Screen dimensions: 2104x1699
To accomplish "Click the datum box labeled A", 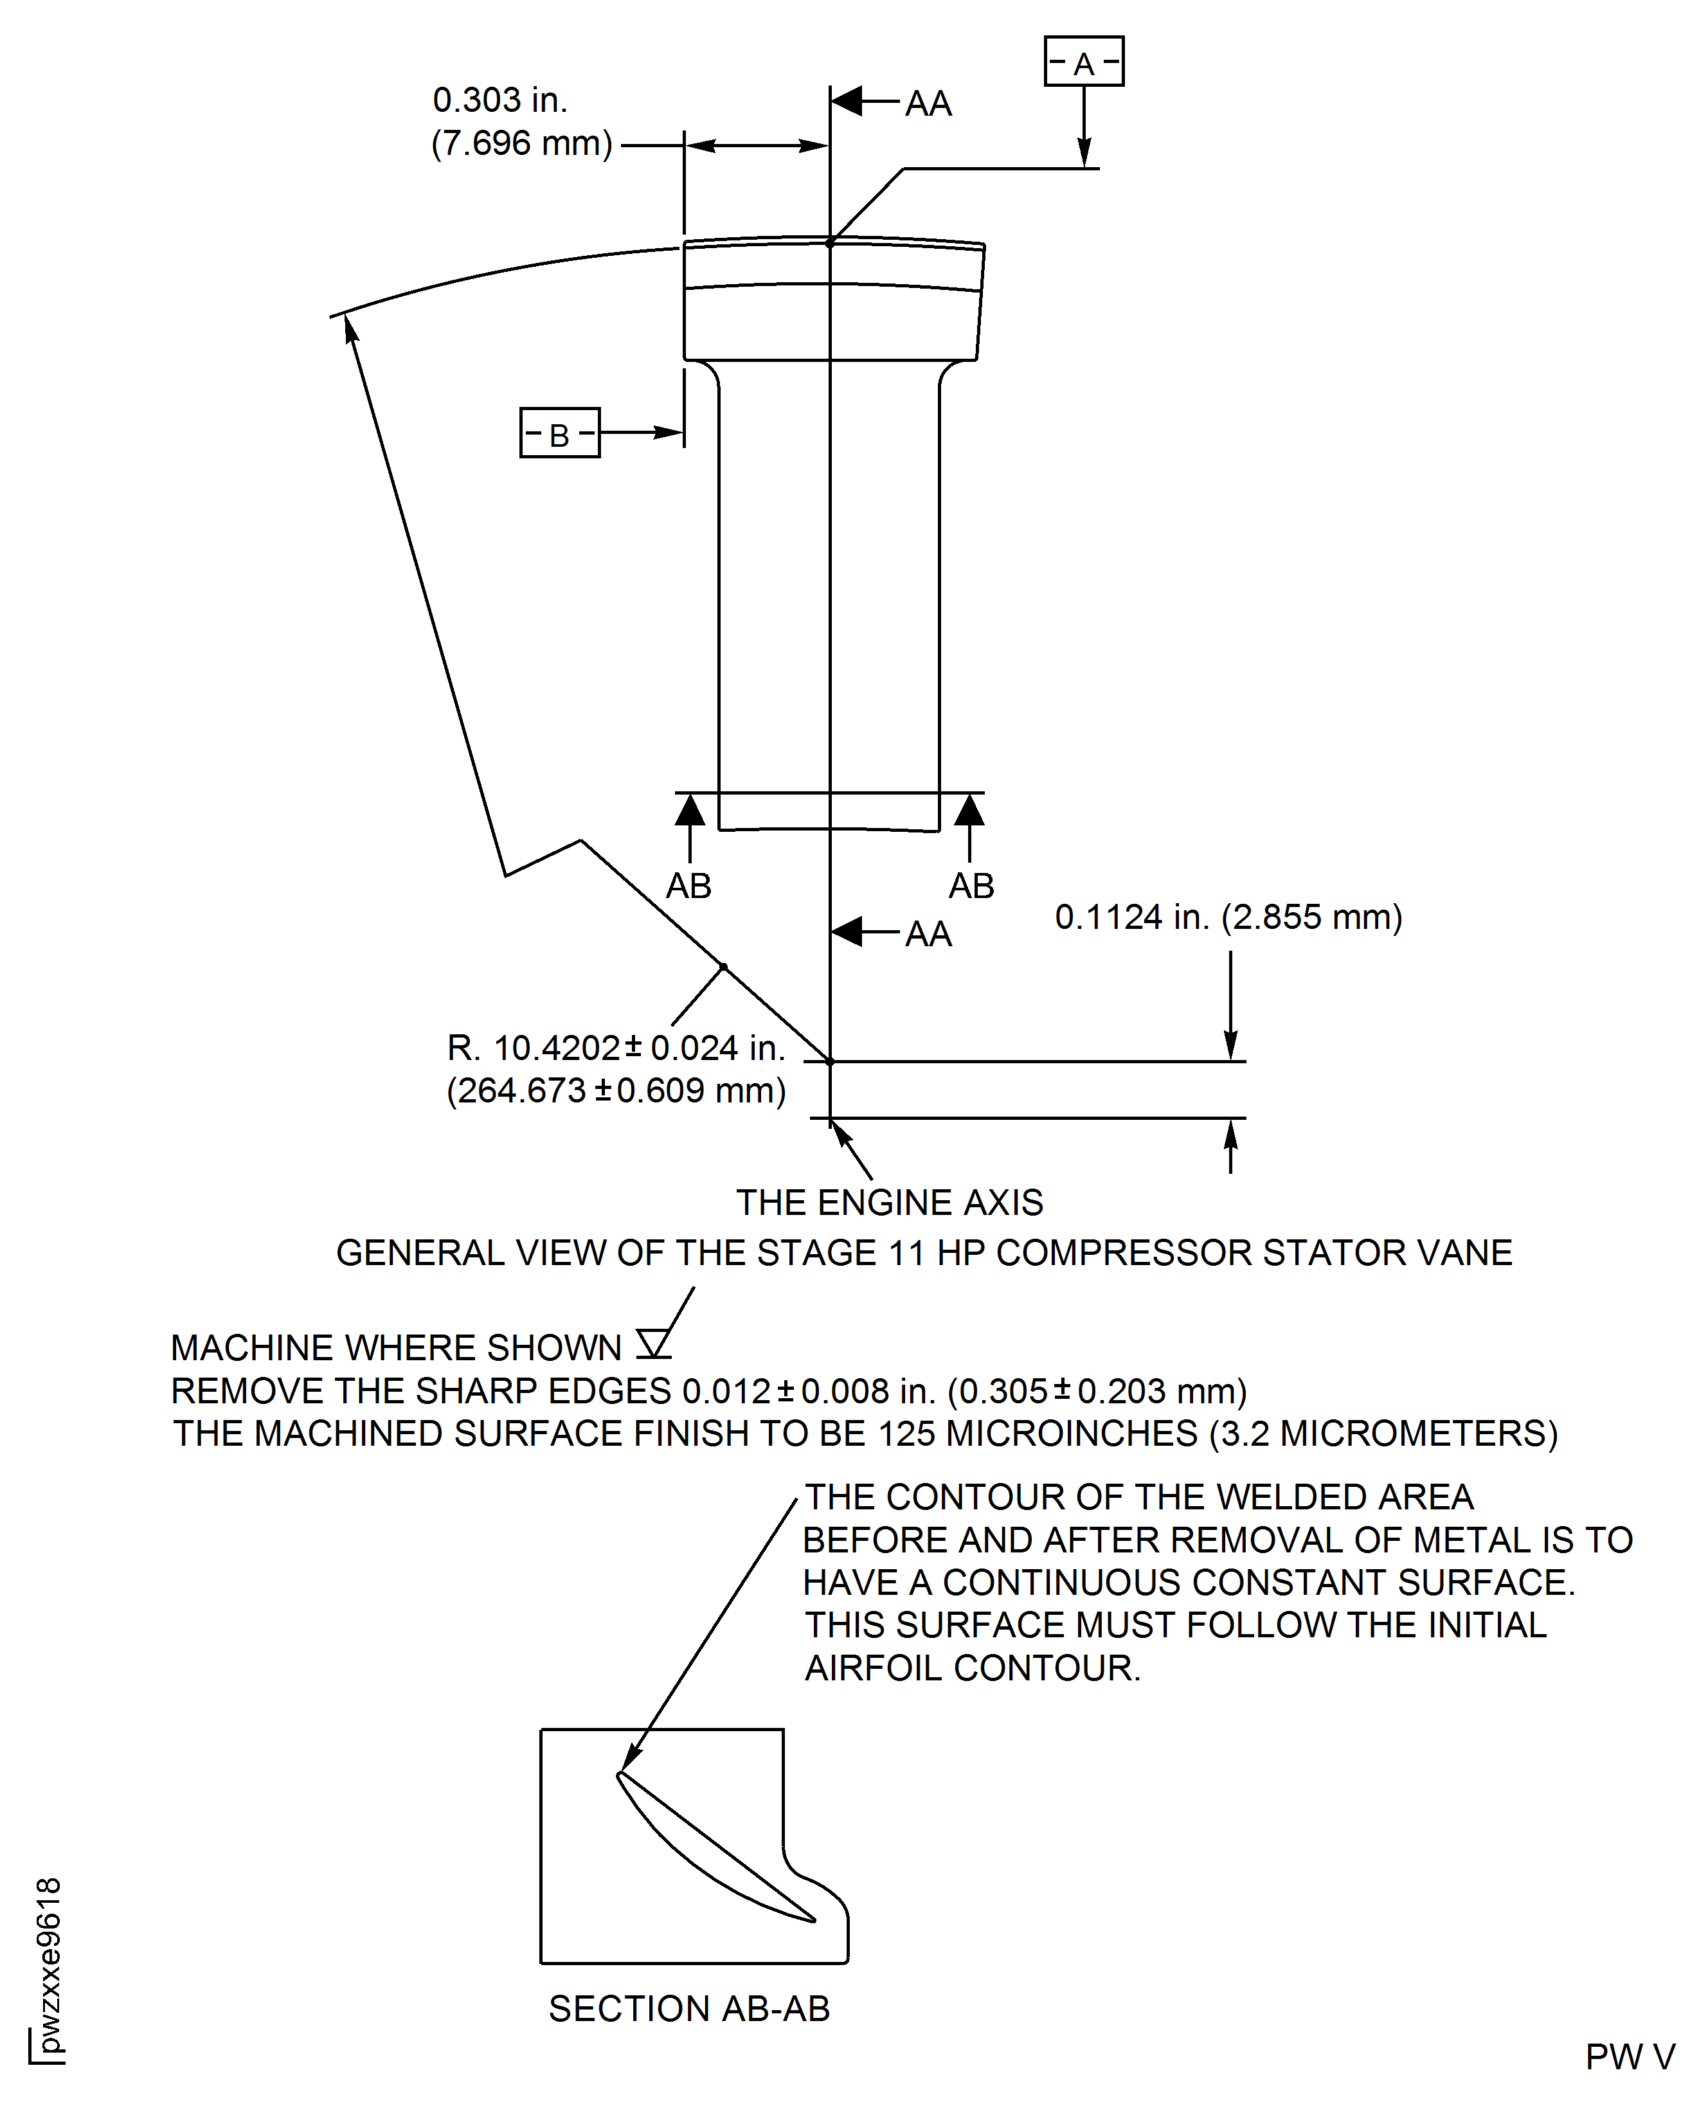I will pos(1083,62).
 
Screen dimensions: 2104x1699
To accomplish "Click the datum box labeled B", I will pos(559,433).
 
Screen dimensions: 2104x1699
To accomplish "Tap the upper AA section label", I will pos(927,103).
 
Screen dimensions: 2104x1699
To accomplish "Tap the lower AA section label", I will pos(927,935).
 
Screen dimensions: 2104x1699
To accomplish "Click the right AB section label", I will pos(971,886).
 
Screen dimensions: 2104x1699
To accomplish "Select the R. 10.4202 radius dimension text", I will pos(616,1048).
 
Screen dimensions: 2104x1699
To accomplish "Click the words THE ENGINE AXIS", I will pos(888,1203).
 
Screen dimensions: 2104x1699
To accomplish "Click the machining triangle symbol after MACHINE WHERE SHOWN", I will pos(652,1344).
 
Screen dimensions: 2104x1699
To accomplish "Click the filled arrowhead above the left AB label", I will pos(690,811).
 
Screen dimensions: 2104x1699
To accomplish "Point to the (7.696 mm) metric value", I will pos(521,144).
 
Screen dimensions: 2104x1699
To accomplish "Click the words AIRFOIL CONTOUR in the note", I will pos(972,1669).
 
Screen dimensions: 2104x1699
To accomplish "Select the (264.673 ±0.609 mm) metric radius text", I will pos(616,1090).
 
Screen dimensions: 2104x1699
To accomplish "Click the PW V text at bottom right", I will pos(1630,2057).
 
